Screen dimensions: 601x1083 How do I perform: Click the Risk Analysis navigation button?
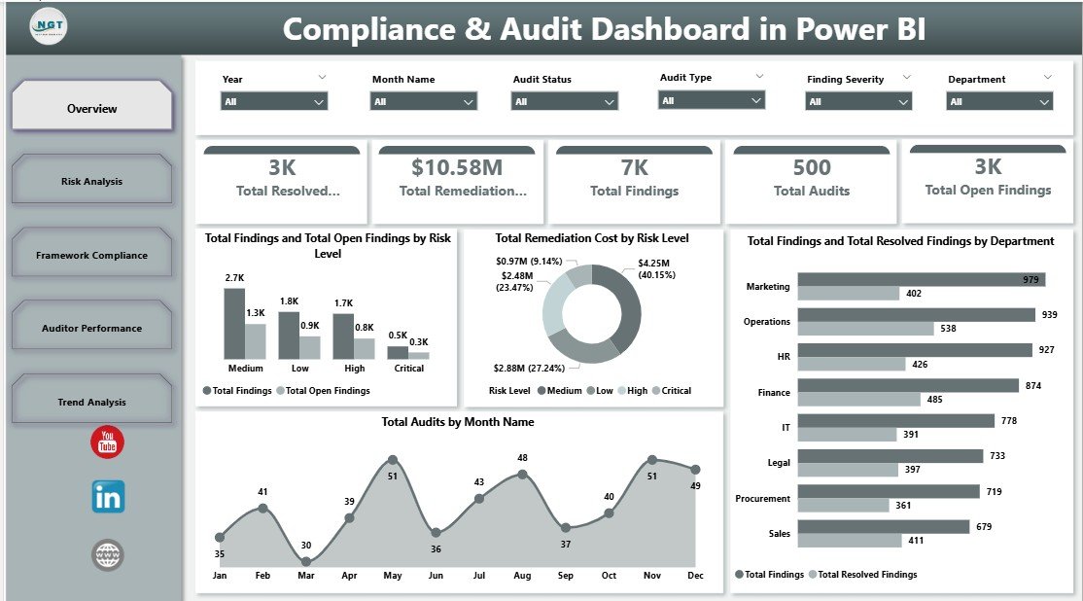pyautogui.click(x=91, y=181)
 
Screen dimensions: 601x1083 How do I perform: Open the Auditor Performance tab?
pyautogui.click(x=91, y=328)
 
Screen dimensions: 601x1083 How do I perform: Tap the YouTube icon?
pyautogui.click(x=107, y=442)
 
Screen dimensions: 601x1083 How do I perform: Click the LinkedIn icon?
pyautogui.click(x=108, y=497)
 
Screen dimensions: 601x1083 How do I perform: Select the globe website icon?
pyautogui.click(x=108, y=555)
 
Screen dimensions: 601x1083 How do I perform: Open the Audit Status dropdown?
pyautogui.click(x=565, y=101)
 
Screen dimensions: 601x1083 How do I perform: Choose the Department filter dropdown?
pyautogui.click(x=999, y=101)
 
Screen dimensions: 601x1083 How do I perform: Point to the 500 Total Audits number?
pyautogui.click(x=811, y=168)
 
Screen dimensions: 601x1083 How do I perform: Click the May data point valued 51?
pyautogui.click(x=392, y=459)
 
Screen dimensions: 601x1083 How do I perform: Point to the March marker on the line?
pyautogui.click(x=306, y=561)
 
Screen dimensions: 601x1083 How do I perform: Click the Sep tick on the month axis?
pyautogui.click(x=566, y=576)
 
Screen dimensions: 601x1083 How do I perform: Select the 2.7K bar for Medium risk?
pyautogui.click(x=233, y=324)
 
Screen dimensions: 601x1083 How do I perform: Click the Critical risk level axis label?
pyautogui.click(x=408, y=369)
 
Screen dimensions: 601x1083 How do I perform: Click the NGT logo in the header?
pyautogui.click(x=49, y=26)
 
